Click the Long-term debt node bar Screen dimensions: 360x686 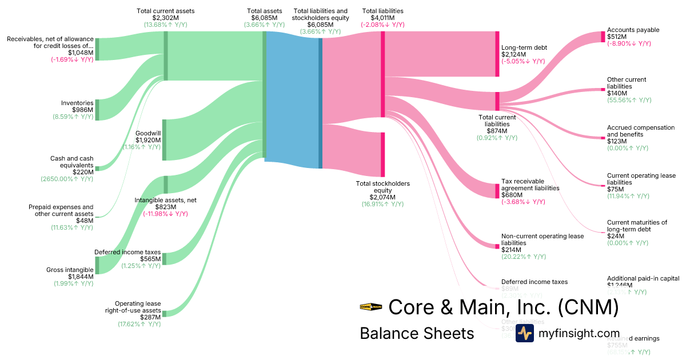click(x=497, y=54)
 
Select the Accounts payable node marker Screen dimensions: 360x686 click(x=603, y=37)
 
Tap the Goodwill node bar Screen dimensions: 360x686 click(x=164, y=140)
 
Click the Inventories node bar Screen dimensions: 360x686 click(x=97, y=110)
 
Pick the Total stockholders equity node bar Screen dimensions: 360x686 click(x=383, y=154)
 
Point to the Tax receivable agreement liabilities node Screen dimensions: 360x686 click(x=497, y=191)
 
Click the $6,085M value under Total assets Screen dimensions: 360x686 click(x=264, y=18)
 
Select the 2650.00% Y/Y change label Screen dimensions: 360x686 click(x=67, y=179)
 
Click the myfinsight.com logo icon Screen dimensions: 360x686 click(x=524, y=333)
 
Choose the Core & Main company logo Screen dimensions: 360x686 click(x=371, y=307)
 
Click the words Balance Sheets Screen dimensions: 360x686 click(x=417, y=333)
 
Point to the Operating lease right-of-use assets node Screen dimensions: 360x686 click(x=164, y=313)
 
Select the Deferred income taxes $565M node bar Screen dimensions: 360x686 click(x=164, y=259)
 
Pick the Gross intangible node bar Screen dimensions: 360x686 click(x=97, y=265)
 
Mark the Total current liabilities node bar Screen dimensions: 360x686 click(x=497, y=101)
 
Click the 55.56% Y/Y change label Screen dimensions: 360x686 click(x=629, y=100)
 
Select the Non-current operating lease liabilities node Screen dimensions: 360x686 click(x=497, y=246)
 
